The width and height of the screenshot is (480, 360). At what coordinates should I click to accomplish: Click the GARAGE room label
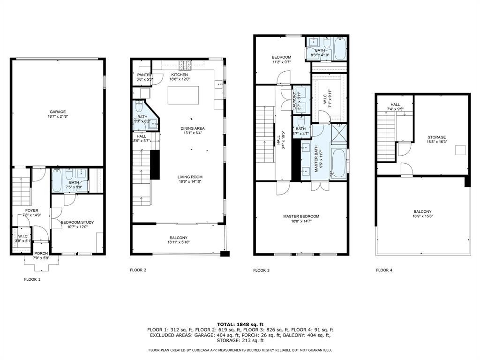58,112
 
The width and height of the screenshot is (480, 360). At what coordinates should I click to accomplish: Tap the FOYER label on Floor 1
32,210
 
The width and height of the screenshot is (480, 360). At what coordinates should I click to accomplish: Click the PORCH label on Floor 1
41,253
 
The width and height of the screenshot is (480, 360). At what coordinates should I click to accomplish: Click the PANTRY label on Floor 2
143,75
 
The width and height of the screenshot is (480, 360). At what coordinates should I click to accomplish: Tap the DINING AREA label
193,128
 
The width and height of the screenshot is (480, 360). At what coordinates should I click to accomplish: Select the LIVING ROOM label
190,177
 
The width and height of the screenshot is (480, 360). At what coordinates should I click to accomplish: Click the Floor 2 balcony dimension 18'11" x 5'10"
179,242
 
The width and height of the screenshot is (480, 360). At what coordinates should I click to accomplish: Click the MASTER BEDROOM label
301,216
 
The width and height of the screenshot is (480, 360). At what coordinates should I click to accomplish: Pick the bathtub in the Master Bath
338,162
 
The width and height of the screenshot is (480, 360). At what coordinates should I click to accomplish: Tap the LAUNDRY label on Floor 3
295,100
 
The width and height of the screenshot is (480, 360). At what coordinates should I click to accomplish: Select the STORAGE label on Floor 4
436,137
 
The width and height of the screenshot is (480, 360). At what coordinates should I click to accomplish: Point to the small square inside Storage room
461,150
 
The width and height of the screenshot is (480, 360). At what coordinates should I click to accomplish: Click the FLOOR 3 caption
261,270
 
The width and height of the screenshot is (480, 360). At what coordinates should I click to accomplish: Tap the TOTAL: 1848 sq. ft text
240,324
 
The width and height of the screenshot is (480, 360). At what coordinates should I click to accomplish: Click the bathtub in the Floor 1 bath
56,182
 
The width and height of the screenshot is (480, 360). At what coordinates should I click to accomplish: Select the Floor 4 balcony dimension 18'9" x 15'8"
422,217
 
